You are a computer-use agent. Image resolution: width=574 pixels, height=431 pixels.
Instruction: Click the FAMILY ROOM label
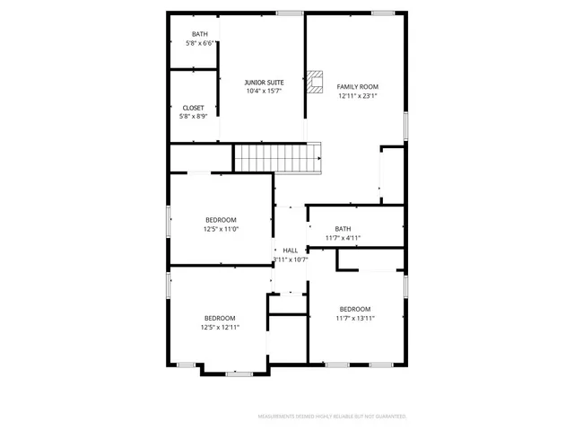[358, 86]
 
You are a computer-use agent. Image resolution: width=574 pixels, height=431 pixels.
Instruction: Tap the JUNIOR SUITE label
[265, 82]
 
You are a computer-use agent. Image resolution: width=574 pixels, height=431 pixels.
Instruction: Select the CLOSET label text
[193, 108]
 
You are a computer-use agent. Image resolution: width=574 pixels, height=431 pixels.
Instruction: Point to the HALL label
[291, 251]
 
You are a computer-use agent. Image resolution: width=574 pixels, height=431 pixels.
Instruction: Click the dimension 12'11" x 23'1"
[358, 95]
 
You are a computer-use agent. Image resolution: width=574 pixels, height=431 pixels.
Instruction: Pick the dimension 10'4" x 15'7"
[265, 91]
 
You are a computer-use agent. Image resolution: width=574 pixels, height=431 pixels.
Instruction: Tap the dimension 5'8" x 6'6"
[199, 43]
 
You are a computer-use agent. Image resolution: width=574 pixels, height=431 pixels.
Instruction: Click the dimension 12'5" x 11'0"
[221, 230]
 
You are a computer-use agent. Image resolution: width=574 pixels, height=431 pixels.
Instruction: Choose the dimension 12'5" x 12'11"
[220, 327]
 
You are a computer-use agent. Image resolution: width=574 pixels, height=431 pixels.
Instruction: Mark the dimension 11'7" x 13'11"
[354, 318]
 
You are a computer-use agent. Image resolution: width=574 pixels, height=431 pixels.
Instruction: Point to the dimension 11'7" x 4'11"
[343, 238]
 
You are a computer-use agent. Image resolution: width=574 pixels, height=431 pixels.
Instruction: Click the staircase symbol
[277, 158]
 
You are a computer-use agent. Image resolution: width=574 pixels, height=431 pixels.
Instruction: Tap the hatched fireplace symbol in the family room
[315, 82]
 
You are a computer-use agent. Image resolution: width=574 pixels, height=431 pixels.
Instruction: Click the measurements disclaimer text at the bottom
[332, 417]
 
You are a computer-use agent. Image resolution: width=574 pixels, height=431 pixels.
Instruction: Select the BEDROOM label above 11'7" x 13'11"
[354, 309]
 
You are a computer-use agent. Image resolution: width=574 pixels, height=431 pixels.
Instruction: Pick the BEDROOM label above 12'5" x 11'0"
[221, 221]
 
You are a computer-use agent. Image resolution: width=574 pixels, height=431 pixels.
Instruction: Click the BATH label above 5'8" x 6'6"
[199, 34]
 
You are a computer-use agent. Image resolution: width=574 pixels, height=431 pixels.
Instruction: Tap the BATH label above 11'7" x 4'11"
[343, 229]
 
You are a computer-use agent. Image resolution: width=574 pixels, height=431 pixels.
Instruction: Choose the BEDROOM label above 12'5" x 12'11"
[220, 318]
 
